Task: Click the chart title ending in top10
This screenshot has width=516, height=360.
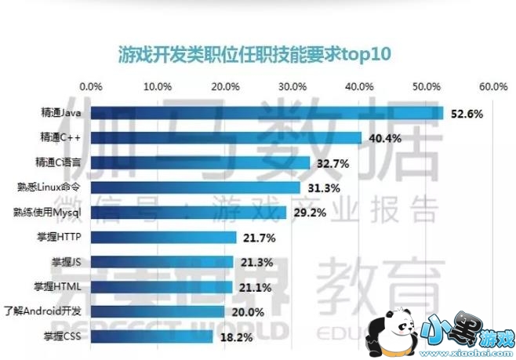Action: pyautogui.click(x=254, y=54)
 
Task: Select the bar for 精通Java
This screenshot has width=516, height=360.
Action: pyautogui.click(x=267, y=114)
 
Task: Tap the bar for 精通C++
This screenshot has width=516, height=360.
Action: pyautogui.click(x=227, y=138)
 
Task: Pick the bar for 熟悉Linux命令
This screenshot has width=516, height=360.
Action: pyautogui.click(x=196, y=187)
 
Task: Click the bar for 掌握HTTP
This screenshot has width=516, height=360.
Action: pyautogui.click(x=164, y=237)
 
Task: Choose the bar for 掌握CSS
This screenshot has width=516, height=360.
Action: pyautogui.click(x=152, y=336)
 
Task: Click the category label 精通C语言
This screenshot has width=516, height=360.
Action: pyautogui.click(x=57, y=163)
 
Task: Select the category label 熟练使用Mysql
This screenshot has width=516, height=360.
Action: pyautogui.click(x=48, y=213)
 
